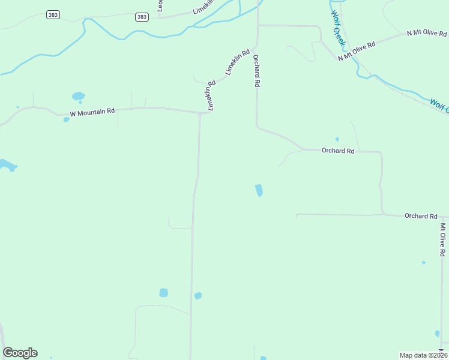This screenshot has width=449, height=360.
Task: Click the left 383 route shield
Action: tap(53, 15)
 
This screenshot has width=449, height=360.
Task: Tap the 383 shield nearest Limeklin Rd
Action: tap(142, 17)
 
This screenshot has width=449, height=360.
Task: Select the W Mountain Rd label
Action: tap(92, 112)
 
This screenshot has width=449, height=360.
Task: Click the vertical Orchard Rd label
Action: tap(256, 71)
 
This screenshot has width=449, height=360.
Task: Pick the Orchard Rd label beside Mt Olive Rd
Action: tap(420, 216)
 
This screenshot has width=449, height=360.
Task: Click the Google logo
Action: tap(20, 353)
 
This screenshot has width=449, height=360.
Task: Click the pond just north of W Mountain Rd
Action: tap(78, 96)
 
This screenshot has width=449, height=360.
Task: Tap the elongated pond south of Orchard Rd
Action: tap(259, 190)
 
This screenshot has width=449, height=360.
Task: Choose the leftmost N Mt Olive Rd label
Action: tap(356, 52)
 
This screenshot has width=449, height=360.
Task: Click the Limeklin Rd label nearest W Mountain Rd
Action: tap(211, 96)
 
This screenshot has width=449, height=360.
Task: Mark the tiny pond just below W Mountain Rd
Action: tap(66, 119)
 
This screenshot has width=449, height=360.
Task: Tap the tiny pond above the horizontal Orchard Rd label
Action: tap(337, 139)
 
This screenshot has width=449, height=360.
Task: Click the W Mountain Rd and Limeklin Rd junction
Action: tap(200, 113)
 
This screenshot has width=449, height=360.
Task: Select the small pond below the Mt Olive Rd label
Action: tap(424, 263)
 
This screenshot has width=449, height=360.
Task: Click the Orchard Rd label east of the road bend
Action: tap(338, 151)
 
